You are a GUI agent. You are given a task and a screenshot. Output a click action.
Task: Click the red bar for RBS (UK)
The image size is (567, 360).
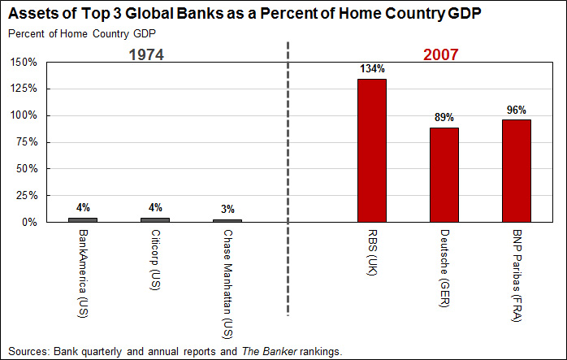coord(371,150)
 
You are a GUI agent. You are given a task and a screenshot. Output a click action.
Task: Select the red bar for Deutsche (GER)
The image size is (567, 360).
coord(444,174)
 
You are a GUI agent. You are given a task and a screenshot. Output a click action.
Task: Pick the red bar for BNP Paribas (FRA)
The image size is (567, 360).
coord(516,170)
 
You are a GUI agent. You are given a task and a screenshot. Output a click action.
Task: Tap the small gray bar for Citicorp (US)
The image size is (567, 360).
coord(155,219)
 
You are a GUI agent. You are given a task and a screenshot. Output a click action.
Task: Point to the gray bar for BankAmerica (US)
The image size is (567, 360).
coord(83,219)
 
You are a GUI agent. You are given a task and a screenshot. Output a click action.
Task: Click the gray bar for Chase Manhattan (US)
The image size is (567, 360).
coord(227,220)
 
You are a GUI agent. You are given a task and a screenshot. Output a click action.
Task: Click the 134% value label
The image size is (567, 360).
coord(372,69)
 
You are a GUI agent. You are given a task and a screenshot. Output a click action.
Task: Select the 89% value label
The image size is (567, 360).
coord(444,118)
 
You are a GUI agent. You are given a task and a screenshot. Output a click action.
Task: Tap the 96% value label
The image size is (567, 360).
coord(517,110)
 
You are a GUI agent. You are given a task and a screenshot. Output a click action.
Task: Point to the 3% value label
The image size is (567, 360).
coord(228,209)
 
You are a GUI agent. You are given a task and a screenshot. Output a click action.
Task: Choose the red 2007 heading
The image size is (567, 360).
coord(441,55)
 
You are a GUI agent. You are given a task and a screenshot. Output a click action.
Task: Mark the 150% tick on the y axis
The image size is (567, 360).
coord(24,62)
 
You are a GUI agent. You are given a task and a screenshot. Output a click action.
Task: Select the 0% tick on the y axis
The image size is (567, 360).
coord(30,222)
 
